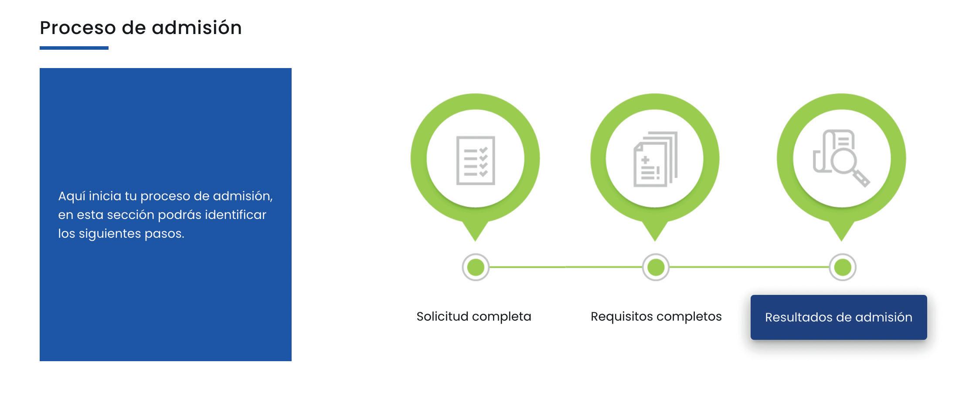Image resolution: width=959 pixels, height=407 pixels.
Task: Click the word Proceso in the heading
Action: [x=78, y=28]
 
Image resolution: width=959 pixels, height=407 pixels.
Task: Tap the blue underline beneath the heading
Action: [x=74, y=48]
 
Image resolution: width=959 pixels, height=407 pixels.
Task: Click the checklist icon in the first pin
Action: [x=475, y=160]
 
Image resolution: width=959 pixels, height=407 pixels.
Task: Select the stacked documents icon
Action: [x=655, y=159]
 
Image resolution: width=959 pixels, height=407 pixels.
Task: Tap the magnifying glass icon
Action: [x=841, y=158]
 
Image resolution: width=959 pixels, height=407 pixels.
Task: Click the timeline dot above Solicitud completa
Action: [x=476, y=267]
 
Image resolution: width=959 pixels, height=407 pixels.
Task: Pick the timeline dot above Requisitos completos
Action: [x=656, y=267]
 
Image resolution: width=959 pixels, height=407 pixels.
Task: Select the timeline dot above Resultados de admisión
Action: [x=842, y=267]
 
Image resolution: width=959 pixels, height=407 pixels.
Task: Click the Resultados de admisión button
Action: [x=838, y=317]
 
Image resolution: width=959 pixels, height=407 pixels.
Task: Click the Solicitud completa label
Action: [x=474, y=316]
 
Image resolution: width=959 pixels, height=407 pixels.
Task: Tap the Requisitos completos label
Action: [x=656, y=316]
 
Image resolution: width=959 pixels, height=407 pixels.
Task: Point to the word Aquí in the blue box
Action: [x=71, y=196]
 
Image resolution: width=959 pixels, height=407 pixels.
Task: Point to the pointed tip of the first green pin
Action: [x=475, y=238]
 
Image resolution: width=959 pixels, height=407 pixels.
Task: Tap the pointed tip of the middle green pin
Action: [x=655, y=238]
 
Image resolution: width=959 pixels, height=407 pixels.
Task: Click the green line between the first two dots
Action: [x=565, y=267]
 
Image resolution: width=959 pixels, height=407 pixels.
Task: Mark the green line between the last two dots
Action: [x=749, y=267]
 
